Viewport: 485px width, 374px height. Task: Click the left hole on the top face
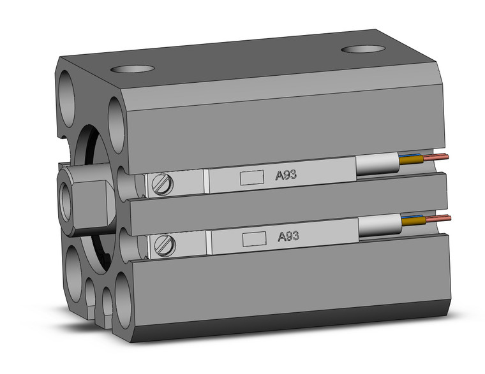(x=133, y=69)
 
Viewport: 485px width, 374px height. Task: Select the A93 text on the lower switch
(x=288, y=236)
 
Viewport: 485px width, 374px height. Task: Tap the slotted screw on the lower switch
(x=165, y=243)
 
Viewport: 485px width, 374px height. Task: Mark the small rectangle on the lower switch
(x=255, y=238)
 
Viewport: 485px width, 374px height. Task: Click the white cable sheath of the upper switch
(x=376, y=166)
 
